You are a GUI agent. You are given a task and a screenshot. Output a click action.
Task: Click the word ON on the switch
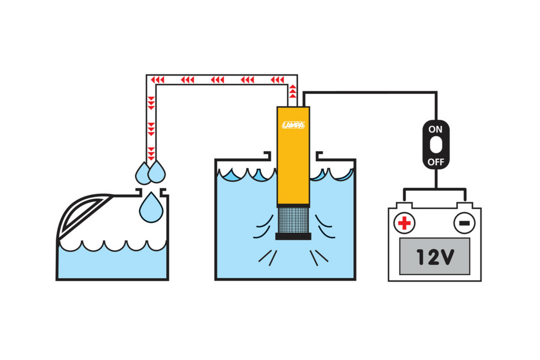(x=435, y=130)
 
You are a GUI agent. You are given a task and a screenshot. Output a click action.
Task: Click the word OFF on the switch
(x=436, y=162)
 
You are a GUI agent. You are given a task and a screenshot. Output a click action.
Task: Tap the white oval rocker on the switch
(x=436, y=144)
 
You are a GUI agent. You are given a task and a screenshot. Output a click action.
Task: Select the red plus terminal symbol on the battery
(x=404, y=223)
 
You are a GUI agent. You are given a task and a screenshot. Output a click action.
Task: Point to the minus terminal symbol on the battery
(x=464, y=223)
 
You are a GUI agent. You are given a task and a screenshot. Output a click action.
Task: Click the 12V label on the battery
(x=435, y=256)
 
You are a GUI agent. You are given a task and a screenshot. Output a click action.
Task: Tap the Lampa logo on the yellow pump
(x=293, y=125)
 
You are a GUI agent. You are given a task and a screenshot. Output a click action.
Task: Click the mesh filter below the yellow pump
(x=293, y=220)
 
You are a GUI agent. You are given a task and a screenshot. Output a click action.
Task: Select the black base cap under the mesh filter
(x=293, y=237)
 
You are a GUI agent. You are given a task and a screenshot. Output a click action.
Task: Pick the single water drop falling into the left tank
(x=151, y=208)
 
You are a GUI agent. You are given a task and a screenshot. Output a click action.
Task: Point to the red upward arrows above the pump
(x=292, y=91)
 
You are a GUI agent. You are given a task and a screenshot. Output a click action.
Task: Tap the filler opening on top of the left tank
(x=151, y=192)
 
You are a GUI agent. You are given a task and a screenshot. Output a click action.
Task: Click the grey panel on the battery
(x=435, y=256)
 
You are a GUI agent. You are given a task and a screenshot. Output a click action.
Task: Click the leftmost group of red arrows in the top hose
(x=157, y=80)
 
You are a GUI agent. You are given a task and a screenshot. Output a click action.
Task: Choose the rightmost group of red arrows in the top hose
(x=277, y=80)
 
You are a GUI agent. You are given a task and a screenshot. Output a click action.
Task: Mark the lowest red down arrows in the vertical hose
(x=151, y=154)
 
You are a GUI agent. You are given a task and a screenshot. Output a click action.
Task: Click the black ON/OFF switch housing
(x=436, y=144)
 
